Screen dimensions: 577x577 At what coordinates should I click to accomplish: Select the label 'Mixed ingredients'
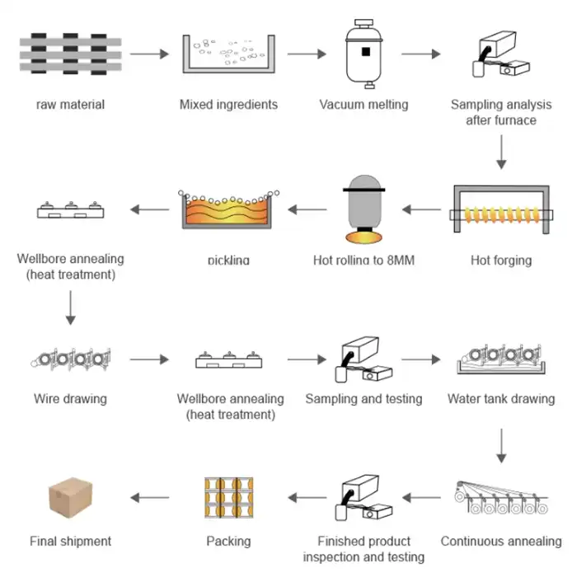click(x=228, y=105)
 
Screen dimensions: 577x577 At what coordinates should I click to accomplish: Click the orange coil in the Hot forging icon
click(x=500, y=216)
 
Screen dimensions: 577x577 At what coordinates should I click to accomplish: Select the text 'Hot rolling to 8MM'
click(x=364, y=260)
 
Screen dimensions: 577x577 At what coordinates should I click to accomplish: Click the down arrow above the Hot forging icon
click(x=501, y=153)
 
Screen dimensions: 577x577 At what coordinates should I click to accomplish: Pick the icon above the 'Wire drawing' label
click(x=70, y=359)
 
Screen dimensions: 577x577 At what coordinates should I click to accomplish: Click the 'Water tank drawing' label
click(x=500, y=399)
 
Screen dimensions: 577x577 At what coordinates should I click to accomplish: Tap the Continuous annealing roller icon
click(x=500, y=500)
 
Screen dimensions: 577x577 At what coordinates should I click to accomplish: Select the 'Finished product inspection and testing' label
click(x=364, y=549)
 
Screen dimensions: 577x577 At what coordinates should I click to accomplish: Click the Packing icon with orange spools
click(x=228, y=500)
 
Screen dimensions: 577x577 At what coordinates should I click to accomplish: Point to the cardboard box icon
click(x=70, y=500)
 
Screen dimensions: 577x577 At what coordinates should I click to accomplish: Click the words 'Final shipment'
click(x=70, y=542)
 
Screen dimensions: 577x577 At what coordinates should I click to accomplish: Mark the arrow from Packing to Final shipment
click(x=149, y=497)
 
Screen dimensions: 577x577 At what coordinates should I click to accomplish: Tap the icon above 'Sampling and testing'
click(x=364, y=360)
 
